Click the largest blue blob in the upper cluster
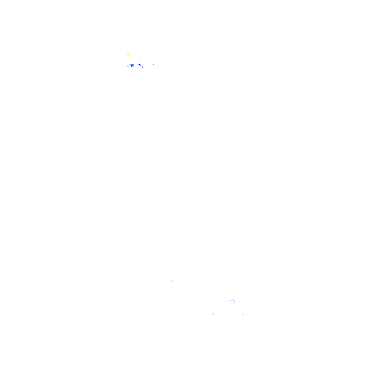[132, 65]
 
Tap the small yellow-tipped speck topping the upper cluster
[128, 55]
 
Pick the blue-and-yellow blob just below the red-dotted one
[142, 67]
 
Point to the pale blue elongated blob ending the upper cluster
[154, 65]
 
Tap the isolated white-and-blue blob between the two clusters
[171, 281]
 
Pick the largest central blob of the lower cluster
[232, 301]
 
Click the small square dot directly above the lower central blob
[233, 297]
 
